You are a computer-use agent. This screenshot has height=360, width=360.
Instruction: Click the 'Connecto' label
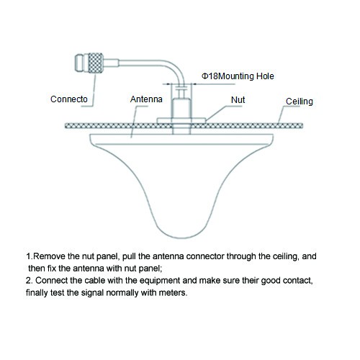pyautogui.click(x=69, y=99)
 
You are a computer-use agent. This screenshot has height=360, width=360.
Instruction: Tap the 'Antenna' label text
pyautogui.click(x=146, y=99)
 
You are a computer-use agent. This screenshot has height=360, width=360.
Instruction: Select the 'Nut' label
pyautogui.click(x=238, y=100)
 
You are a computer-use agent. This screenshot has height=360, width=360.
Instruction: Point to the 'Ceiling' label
pyautogui.click(x=300, y=102)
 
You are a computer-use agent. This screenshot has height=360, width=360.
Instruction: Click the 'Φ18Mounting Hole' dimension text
pyautogui.click(x=238, y=76)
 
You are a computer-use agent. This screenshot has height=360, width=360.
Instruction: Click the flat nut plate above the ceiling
pyautogui.click(x=181, y=120)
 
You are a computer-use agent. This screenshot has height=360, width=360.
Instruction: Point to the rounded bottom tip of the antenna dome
pyautogui.click(x=182, y=238)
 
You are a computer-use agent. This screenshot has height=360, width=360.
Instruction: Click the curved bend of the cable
pyautogui.click(x=178, y=71)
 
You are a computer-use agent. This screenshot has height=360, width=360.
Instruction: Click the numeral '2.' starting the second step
pyautogui.click(x=29, y=281)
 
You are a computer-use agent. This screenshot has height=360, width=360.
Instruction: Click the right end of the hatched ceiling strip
pyautogui.click(x=302, y=125)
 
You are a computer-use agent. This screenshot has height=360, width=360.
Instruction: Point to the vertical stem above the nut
pyautogui.click(x=181, y=107)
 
